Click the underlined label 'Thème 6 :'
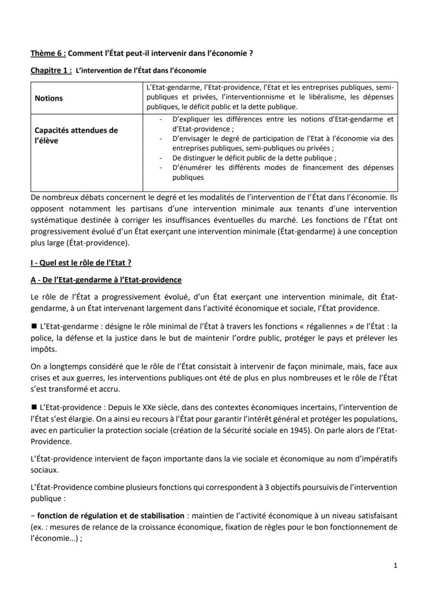pos(48,53)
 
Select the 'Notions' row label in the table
pos(49,98)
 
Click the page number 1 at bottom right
pos(395,565)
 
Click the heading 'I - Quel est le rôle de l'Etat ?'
pos(81,262)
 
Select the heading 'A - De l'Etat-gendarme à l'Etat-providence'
pos(106,280)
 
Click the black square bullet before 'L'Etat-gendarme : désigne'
pos(34,327)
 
